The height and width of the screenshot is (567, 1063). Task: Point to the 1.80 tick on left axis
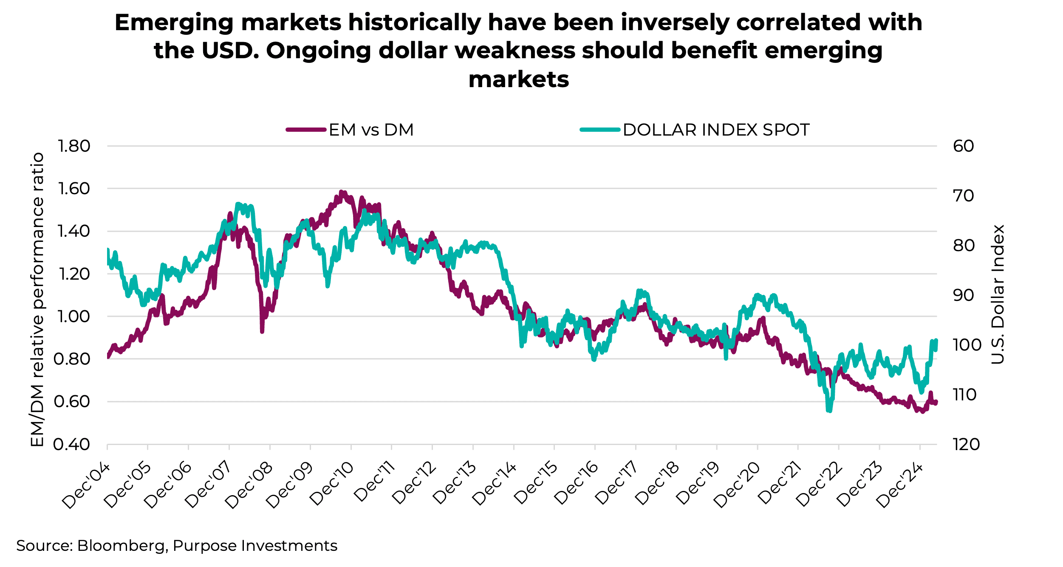(x=74, y=146)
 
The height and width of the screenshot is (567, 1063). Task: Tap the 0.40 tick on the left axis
(x=72, y=444)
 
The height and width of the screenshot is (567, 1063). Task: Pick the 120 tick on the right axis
(x=966, y=444)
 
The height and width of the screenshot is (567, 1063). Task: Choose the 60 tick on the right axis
(x=964, y=146)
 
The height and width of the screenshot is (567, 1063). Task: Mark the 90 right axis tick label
(x=964, y=295)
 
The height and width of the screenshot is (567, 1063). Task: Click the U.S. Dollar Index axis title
(x=998, y=294)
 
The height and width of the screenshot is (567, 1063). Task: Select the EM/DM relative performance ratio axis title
(x=37, y=299)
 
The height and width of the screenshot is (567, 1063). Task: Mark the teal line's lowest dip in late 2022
(x=829, y=411)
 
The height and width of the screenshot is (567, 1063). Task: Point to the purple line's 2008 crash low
(x=262, y=331)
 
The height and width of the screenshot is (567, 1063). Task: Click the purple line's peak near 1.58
(x=341, y=192)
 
